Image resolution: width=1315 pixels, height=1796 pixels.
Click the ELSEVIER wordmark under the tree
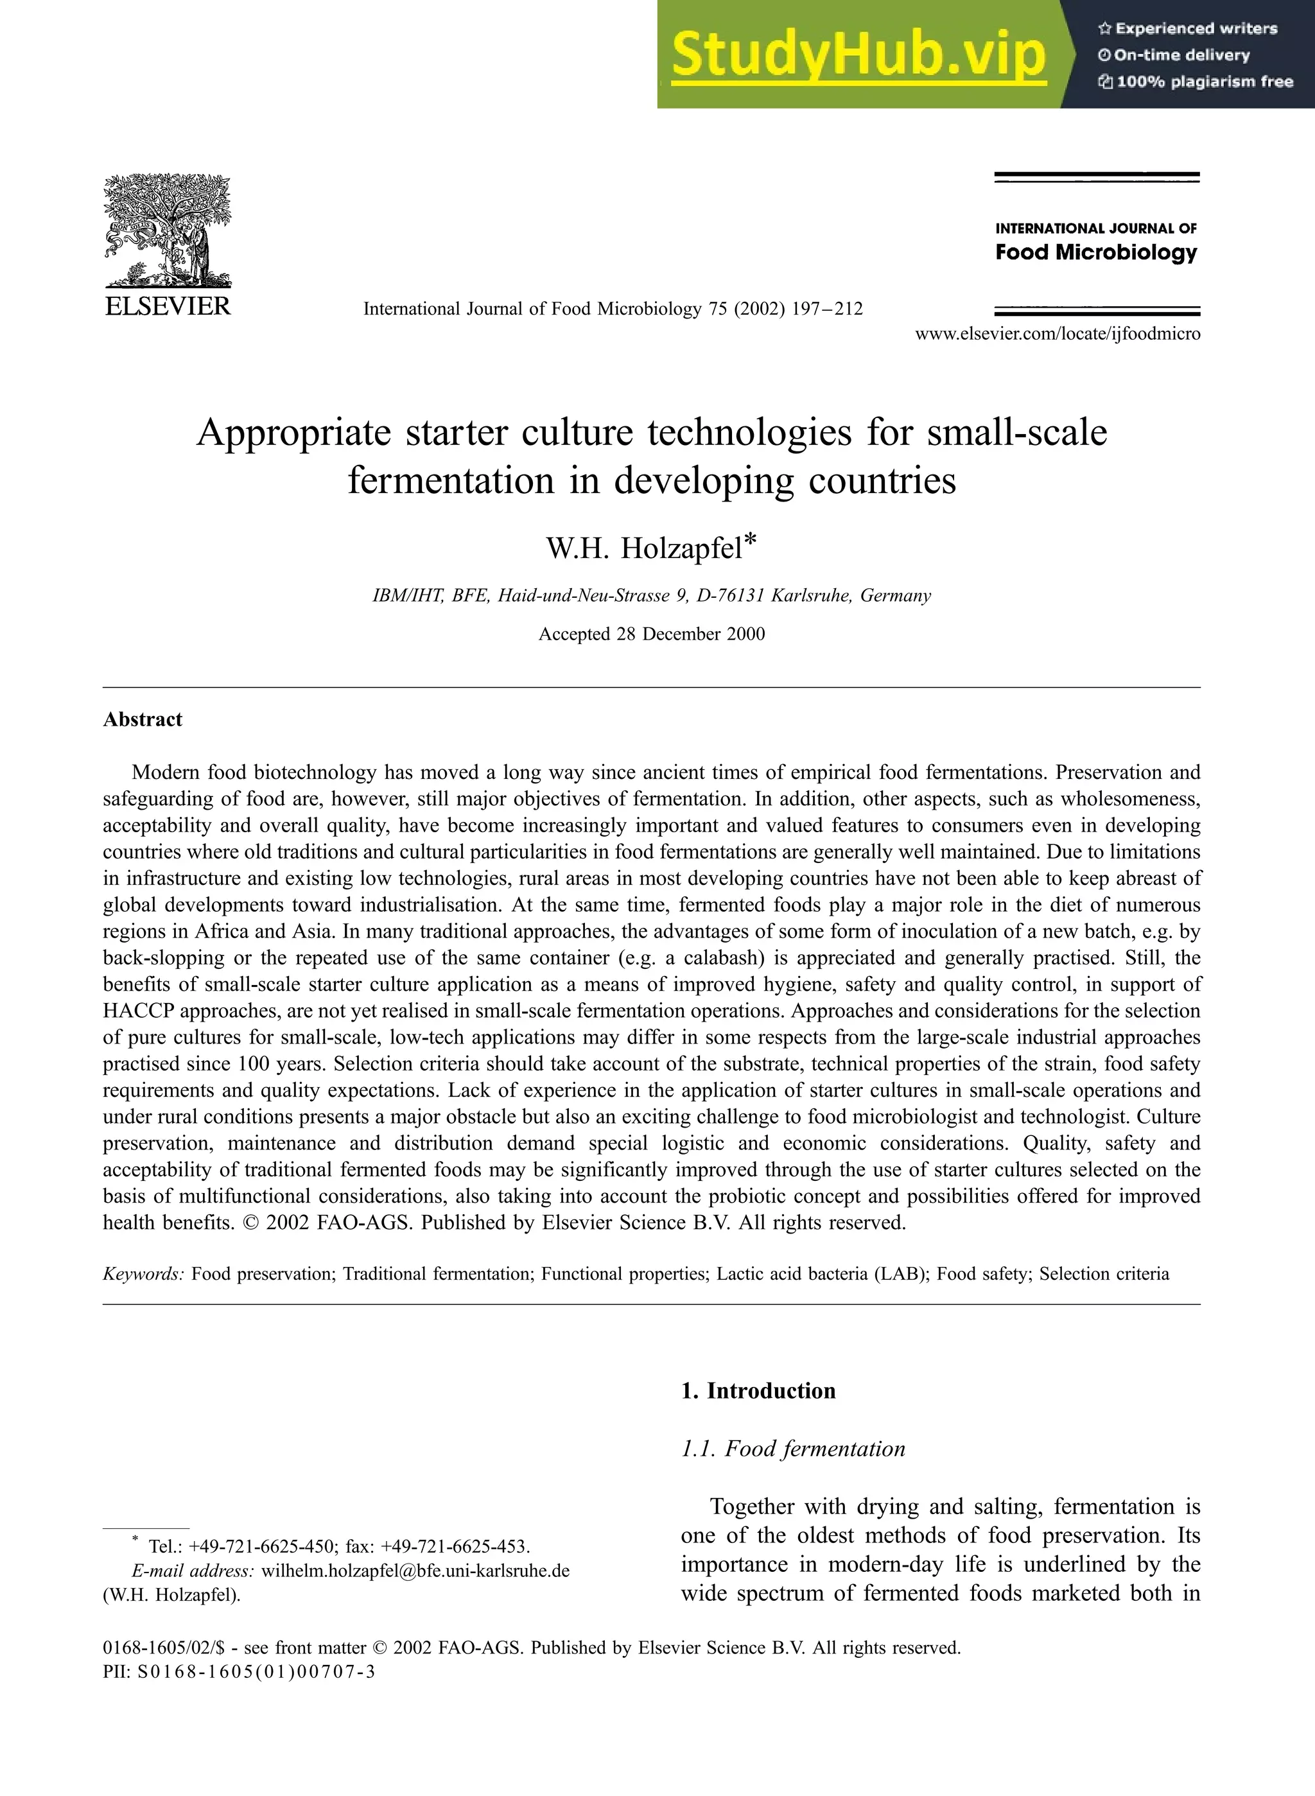[x=167, y=306]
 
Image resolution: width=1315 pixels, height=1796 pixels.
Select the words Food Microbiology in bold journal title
[x=1096, y=252]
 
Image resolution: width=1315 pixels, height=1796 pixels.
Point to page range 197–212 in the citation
[x=827, y=309]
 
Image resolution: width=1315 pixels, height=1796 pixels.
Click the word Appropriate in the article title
[x=293, y=433]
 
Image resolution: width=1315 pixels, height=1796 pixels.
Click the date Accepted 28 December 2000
[x=651, y=634]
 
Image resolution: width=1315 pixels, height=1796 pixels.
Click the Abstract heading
[x=143, y=720]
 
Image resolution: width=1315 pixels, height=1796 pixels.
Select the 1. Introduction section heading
[x=758, y=1391]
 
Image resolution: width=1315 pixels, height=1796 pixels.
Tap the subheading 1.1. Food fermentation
[x=793, y=1448]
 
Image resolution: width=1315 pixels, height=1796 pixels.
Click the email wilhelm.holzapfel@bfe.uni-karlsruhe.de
[x=415, y=1571]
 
